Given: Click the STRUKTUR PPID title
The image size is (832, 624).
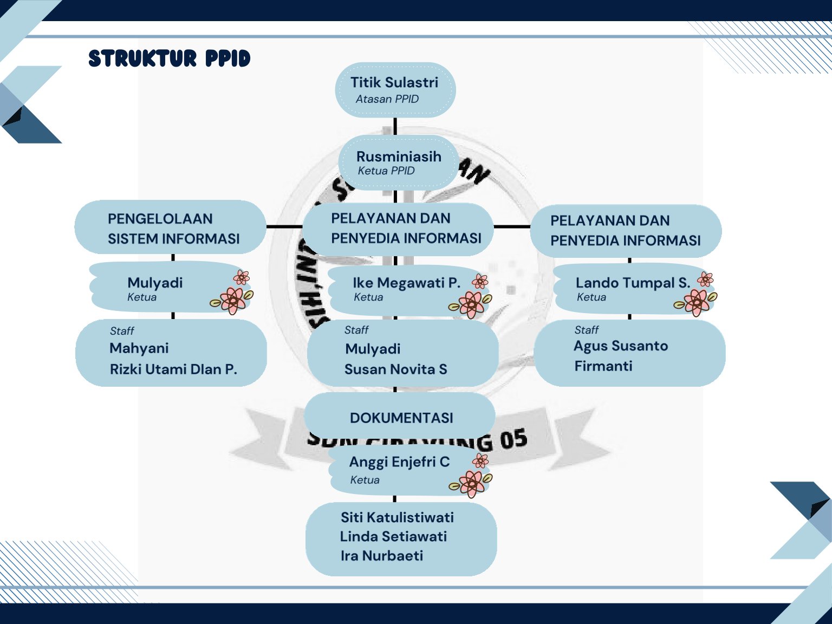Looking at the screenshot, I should coord(169,58).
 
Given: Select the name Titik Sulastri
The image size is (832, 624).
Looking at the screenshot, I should coord(394,82).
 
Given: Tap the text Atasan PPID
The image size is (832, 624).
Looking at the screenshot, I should coord(387,99).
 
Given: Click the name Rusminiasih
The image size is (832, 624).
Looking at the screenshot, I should coord(399,157).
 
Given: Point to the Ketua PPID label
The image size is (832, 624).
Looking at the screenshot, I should coord(386,171).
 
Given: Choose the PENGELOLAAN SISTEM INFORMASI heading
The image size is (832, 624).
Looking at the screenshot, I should coord(173,229).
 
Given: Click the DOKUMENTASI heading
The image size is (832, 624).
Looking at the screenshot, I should coord(401,418).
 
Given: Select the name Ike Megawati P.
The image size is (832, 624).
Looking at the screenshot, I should coord(406,283).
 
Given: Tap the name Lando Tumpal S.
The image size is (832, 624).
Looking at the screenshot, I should coord(633,283).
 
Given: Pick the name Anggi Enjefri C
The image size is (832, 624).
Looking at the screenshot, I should coord(399,462).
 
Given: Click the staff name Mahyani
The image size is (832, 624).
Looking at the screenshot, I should coord(139,348).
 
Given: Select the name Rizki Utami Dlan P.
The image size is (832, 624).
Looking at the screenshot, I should coord(173,369).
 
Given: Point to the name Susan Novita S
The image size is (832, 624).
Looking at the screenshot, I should coord(395,369).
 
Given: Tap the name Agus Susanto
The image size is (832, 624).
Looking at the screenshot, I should coord(620,346).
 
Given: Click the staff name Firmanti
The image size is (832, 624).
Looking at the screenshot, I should coord(603,366).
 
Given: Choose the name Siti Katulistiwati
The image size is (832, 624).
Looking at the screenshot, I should coord(397,517).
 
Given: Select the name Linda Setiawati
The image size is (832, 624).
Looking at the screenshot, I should coord(393,536).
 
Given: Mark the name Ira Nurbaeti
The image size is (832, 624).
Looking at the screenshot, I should coord(381,556).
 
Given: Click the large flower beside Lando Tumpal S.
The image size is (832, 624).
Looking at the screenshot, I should coord(697,302).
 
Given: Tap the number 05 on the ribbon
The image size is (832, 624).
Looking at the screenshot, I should coord(513,439).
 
